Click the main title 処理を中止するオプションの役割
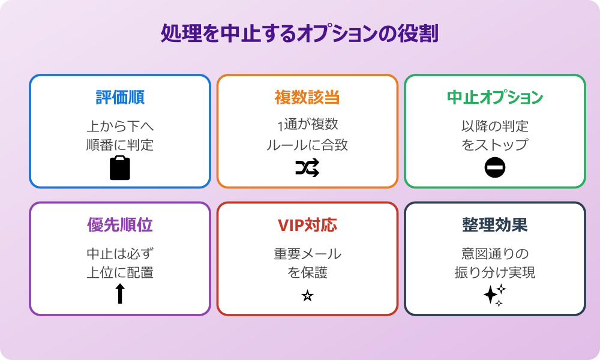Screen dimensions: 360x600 (299, 34)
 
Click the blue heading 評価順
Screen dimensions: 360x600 (120, 97)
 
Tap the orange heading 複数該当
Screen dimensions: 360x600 (307, 97)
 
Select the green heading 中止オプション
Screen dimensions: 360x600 (494, 97)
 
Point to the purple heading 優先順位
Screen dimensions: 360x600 (120, 224)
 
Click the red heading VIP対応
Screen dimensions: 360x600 (307, 224)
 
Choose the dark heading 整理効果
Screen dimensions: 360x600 (494, 224)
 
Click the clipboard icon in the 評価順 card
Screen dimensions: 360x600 (120, 168)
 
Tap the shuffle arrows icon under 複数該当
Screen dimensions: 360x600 (307, 168)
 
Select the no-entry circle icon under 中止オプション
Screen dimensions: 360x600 (495, 168)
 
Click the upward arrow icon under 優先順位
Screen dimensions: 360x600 (120, 293)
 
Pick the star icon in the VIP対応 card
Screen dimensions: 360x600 (307, 296)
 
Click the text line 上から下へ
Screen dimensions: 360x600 (120, 126)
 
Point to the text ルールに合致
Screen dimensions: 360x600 (307, 145)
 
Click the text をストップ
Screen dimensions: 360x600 (494, 145)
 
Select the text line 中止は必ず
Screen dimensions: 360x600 (120, 253)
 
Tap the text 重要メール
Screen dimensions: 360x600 (307, 253)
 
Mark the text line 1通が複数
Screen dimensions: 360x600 (307, 126)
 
